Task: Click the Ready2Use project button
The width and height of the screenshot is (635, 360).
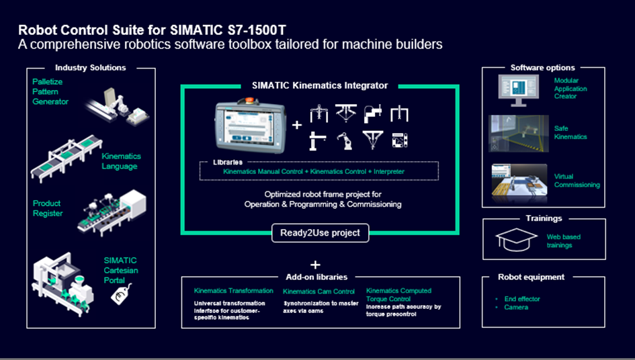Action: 320,233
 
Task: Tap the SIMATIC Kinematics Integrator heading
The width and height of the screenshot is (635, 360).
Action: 320,85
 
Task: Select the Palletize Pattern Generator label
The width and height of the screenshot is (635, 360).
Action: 51,91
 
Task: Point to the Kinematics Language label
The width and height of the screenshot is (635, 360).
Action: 121,161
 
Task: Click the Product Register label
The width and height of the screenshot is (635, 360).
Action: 48,208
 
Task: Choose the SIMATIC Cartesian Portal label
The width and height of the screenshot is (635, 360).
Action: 120,270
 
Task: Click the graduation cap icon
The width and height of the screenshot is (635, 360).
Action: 515,238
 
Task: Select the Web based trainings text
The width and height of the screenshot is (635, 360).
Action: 563,241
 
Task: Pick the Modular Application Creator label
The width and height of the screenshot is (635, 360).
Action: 570,89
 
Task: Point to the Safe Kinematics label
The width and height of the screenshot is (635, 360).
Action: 570,132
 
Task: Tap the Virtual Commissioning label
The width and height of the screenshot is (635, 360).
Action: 577,181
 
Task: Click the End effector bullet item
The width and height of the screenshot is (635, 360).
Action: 522,299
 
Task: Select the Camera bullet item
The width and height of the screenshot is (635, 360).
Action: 516,308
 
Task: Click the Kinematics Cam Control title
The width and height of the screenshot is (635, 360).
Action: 319,291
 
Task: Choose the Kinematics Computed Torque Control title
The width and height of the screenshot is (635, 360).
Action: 398,295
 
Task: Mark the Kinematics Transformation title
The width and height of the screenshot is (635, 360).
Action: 233,291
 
